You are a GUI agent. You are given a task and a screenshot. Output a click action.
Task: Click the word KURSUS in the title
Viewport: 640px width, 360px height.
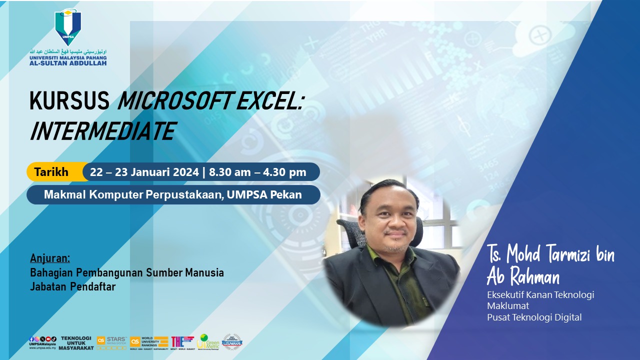[69, 102]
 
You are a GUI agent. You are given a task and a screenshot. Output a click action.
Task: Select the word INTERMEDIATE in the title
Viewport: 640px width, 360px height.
[102, 131]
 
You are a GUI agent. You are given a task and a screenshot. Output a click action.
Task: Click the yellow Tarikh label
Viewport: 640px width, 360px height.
[51, 172]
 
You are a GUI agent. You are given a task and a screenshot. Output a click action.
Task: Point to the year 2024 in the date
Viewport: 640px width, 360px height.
[186, 172]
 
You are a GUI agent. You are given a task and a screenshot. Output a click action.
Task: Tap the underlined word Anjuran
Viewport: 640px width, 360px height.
[50, 258]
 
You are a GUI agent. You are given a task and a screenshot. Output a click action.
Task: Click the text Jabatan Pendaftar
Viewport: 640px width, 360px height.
[73, 286]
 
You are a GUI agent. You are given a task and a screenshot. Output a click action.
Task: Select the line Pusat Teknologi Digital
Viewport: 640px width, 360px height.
[534, 317]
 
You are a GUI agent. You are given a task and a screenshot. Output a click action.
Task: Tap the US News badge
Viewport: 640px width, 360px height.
[232, 341]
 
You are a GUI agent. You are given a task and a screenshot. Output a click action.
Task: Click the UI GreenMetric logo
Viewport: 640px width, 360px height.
[209, 341]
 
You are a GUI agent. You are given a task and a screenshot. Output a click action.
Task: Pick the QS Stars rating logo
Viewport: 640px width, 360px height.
[111, 341]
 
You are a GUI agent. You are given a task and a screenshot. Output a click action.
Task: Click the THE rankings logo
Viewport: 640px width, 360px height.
[182, 341]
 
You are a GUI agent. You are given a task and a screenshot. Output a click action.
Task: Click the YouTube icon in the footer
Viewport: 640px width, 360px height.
[49, 339]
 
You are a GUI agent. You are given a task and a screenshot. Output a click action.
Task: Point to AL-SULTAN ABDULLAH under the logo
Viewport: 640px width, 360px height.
[68, 63]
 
